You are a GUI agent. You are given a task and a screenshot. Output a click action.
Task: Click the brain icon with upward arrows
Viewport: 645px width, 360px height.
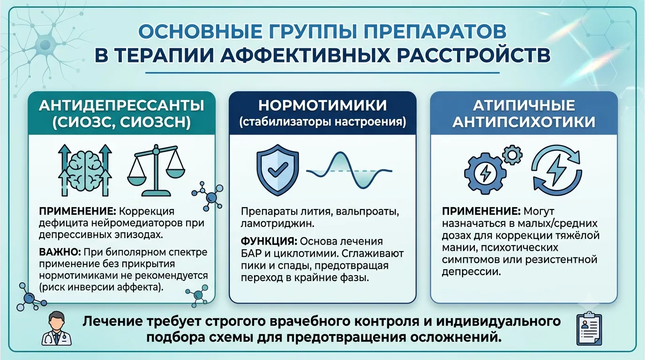(85, 170)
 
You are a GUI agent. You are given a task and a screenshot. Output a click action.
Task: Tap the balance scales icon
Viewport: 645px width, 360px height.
(156, 170)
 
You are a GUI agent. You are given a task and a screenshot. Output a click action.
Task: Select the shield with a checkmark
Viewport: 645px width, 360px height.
(277, 170)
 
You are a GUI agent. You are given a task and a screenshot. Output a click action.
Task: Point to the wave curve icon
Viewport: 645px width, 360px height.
(349, 170)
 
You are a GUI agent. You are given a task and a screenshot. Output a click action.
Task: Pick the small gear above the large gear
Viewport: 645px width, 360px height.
(512, 155)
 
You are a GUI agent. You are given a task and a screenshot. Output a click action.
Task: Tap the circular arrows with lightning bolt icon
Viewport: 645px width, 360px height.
(557, 170)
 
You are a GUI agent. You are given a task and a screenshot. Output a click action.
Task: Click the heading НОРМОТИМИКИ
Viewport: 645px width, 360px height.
(322, 105)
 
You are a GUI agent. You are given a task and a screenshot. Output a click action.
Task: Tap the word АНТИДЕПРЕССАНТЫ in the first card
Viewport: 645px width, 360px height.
(121, 105)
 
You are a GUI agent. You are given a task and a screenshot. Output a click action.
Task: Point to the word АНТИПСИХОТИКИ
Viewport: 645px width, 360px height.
(524, 122)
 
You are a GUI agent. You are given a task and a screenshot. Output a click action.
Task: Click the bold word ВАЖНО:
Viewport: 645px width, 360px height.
(60, 252)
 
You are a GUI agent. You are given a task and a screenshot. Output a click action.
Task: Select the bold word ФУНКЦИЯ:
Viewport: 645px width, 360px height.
(269, 241)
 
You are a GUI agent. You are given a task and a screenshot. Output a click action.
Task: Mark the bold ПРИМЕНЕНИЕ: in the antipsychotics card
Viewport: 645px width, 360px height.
(481, 211)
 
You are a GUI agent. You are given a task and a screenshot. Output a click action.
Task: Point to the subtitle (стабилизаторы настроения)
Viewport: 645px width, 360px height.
(322, 122)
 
